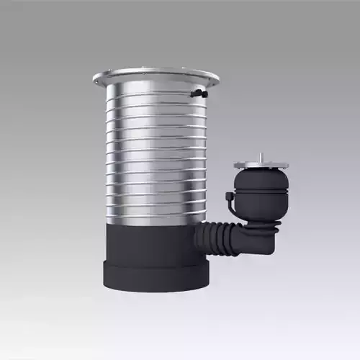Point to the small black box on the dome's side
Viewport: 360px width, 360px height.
coord(229,197)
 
